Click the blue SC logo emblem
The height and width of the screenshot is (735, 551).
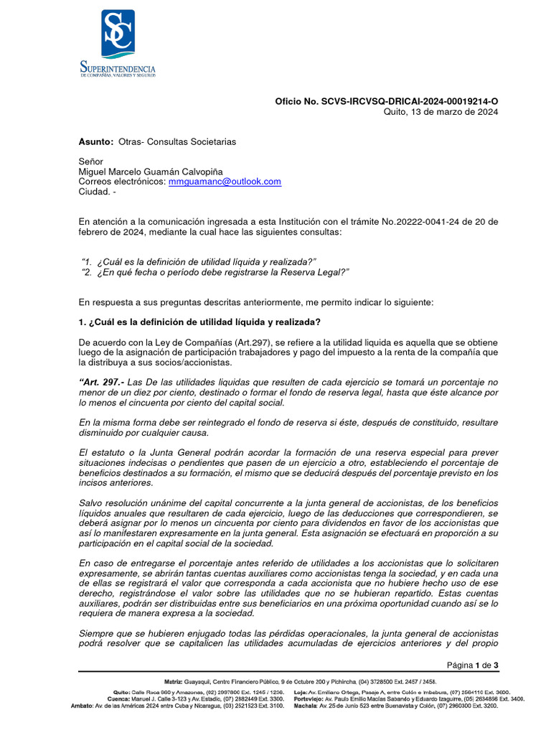[118, 34]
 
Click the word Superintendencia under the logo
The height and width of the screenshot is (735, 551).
[118, 67]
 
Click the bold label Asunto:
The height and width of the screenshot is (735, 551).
[96, 142]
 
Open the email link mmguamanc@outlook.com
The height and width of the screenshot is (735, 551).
[225, 182]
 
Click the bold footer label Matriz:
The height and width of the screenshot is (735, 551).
[174, 681]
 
